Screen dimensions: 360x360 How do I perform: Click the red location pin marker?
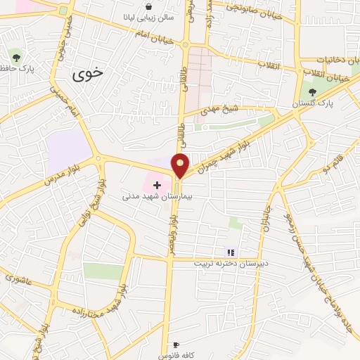(x=181, y=165)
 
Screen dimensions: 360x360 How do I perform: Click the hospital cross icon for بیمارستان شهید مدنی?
(x=156, y=184)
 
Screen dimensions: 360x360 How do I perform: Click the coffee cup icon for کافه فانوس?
(x=176, y=345)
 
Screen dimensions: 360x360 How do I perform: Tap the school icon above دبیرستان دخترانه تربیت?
(x=230, y=252)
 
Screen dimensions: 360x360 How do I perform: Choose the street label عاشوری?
(x=20, y=278)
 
